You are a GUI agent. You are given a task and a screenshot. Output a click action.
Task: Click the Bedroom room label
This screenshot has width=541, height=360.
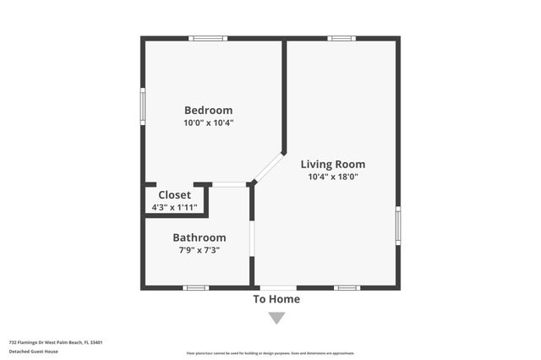pyautogui.click(x=208, y=110)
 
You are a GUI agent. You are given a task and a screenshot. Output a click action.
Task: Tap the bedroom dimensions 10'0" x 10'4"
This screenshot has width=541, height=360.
pyautogui.click(x=208, y=123)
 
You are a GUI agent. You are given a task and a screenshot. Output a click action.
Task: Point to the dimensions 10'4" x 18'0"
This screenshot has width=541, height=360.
pyautogui.click(x=333, y=177)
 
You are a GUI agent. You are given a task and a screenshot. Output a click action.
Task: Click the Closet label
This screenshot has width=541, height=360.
pyautogui.click(x=174, y=195)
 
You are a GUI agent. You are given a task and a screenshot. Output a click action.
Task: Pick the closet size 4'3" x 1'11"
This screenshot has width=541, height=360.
pyautogui.click(x=174, y=207)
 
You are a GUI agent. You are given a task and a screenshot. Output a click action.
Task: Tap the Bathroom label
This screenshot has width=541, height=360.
pyautogui.click(x=199, y=237)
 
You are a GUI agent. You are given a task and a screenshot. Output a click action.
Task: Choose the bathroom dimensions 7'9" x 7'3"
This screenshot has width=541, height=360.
pyautogui.click(x=199, y=250)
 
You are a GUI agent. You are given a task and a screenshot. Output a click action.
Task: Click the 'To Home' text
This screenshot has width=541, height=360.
pyautogui.click(x=276, y=299)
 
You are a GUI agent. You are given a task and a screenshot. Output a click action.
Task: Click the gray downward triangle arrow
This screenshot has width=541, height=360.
pyautogui.click(x=276, y=318)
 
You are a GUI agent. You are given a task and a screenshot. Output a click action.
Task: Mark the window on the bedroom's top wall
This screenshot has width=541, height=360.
pyautogui.click(x=207, y=38)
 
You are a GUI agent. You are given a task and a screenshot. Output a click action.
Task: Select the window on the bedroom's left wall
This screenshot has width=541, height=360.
pyautogui.click(x=143, y=106)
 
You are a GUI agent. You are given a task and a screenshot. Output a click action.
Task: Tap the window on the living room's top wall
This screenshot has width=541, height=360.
pyautogui.click(x=342, y=38)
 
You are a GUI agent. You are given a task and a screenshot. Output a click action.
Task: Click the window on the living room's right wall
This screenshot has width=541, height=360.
pyautogui.click(x=398, y=226)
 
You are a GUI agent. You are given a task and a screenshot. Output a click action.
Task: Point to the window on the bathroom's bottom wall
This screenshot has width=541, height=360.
pyautogui.click(x=196, y=288)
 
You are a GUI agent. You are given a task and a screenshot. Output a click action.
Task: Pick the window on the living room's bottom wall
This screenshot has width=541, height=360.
pyautogui.click(x=347, y=288)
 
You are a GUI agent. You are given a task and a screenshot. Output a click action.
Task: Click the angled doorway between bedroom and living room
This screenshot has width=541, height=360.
pyautogui.click(x=269, y=167)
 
